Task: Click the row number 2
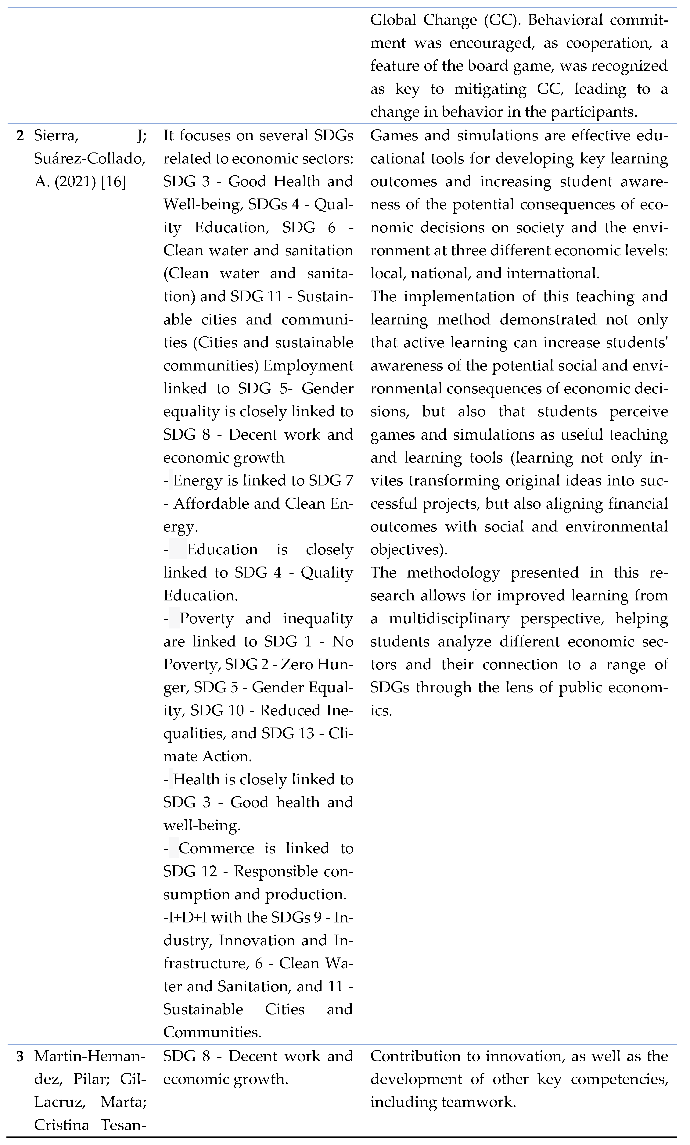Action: pyautogui.click(x=20, y=136)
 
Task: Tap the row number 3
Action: pyautogui.click(x=20, y=1057)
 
